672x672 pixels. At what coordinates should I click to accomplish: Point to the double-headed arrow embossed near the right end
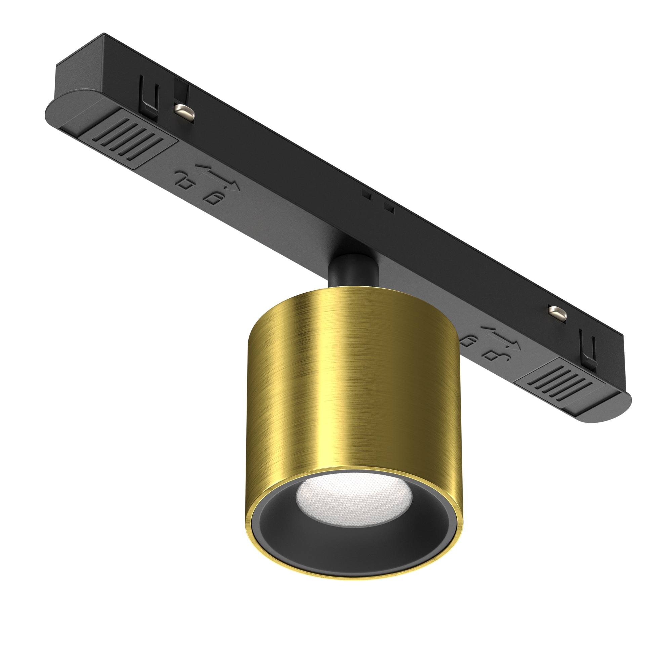tap(501, 337)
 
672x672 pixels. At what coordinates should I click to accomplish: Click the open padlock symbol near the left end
tap(184, 179)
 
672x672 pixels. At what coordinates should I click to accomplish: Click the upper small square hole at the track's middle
tap(366, 195)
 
